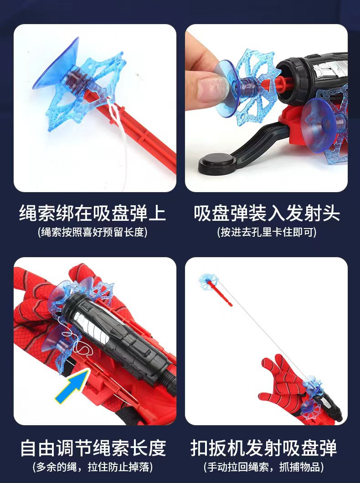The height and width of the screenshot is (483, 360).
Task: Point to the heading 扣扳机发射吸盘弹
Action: (x=264, y=448)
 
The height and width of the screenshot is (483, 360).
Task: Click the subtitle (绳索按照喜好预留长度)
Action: (x=93, y=233)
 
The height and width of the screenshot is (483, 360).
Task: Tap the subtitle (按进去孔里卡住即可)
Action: (x=267, y=233)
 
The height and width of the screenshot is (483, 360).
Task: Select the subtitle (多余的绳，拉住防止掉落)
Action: (x=93, y=467)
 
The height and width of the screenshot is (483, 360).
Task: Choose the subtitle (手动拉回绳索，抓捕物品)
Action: (x=264, y=467)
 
